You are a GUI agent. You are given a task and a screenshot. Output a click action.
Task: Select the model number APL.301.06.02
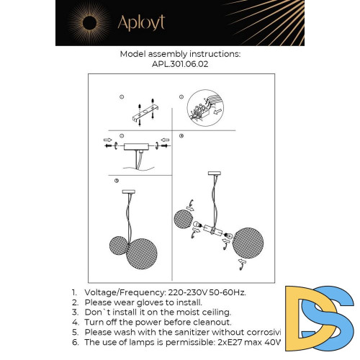click(x=180, y=63)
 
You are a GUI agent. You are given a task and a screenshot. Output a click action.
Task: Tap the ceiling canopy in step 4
click(x=213, y=174)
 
